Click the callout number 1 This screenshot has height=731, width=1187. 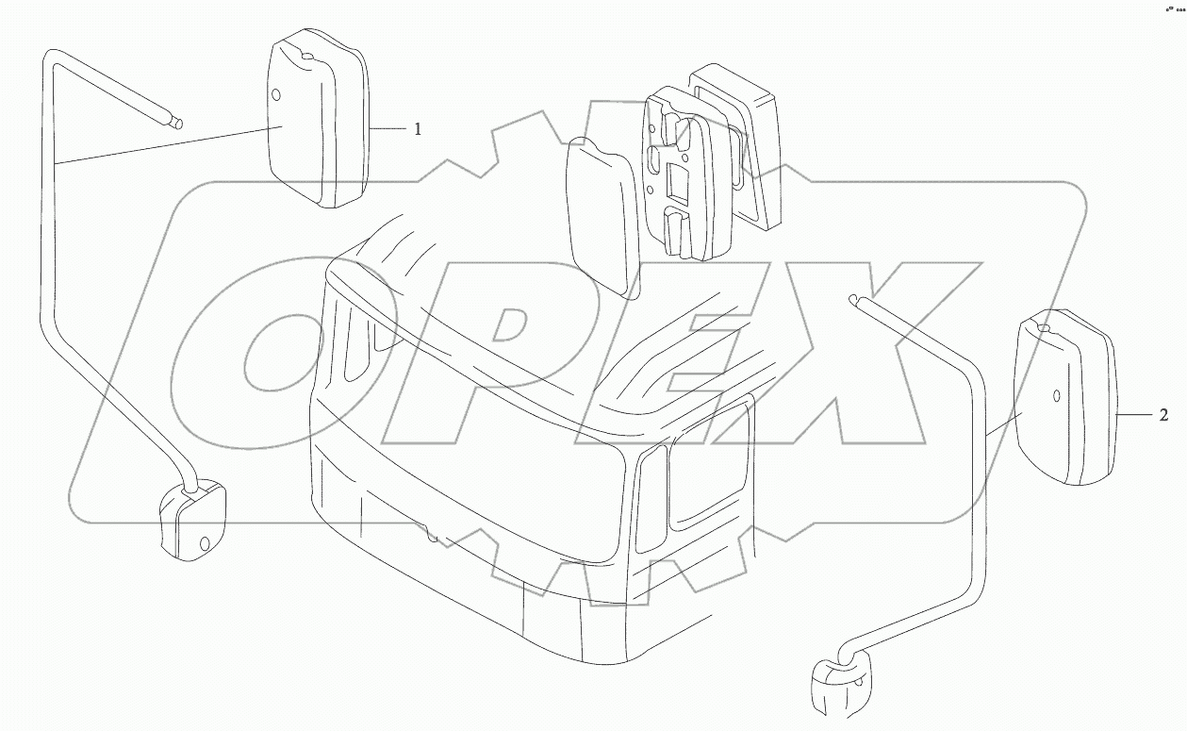418,129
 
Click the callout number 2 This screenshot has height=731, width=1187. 1163,415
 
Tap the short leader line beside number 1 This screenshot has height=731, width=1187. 387,129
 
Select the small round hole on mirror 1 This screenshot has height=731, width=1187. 275,95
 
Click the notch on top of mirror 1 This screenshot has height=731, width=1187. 306,55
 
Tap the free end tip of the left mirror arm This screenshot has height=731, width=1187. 178,125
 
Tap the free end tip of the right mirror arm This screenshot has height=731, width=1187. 852,300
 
